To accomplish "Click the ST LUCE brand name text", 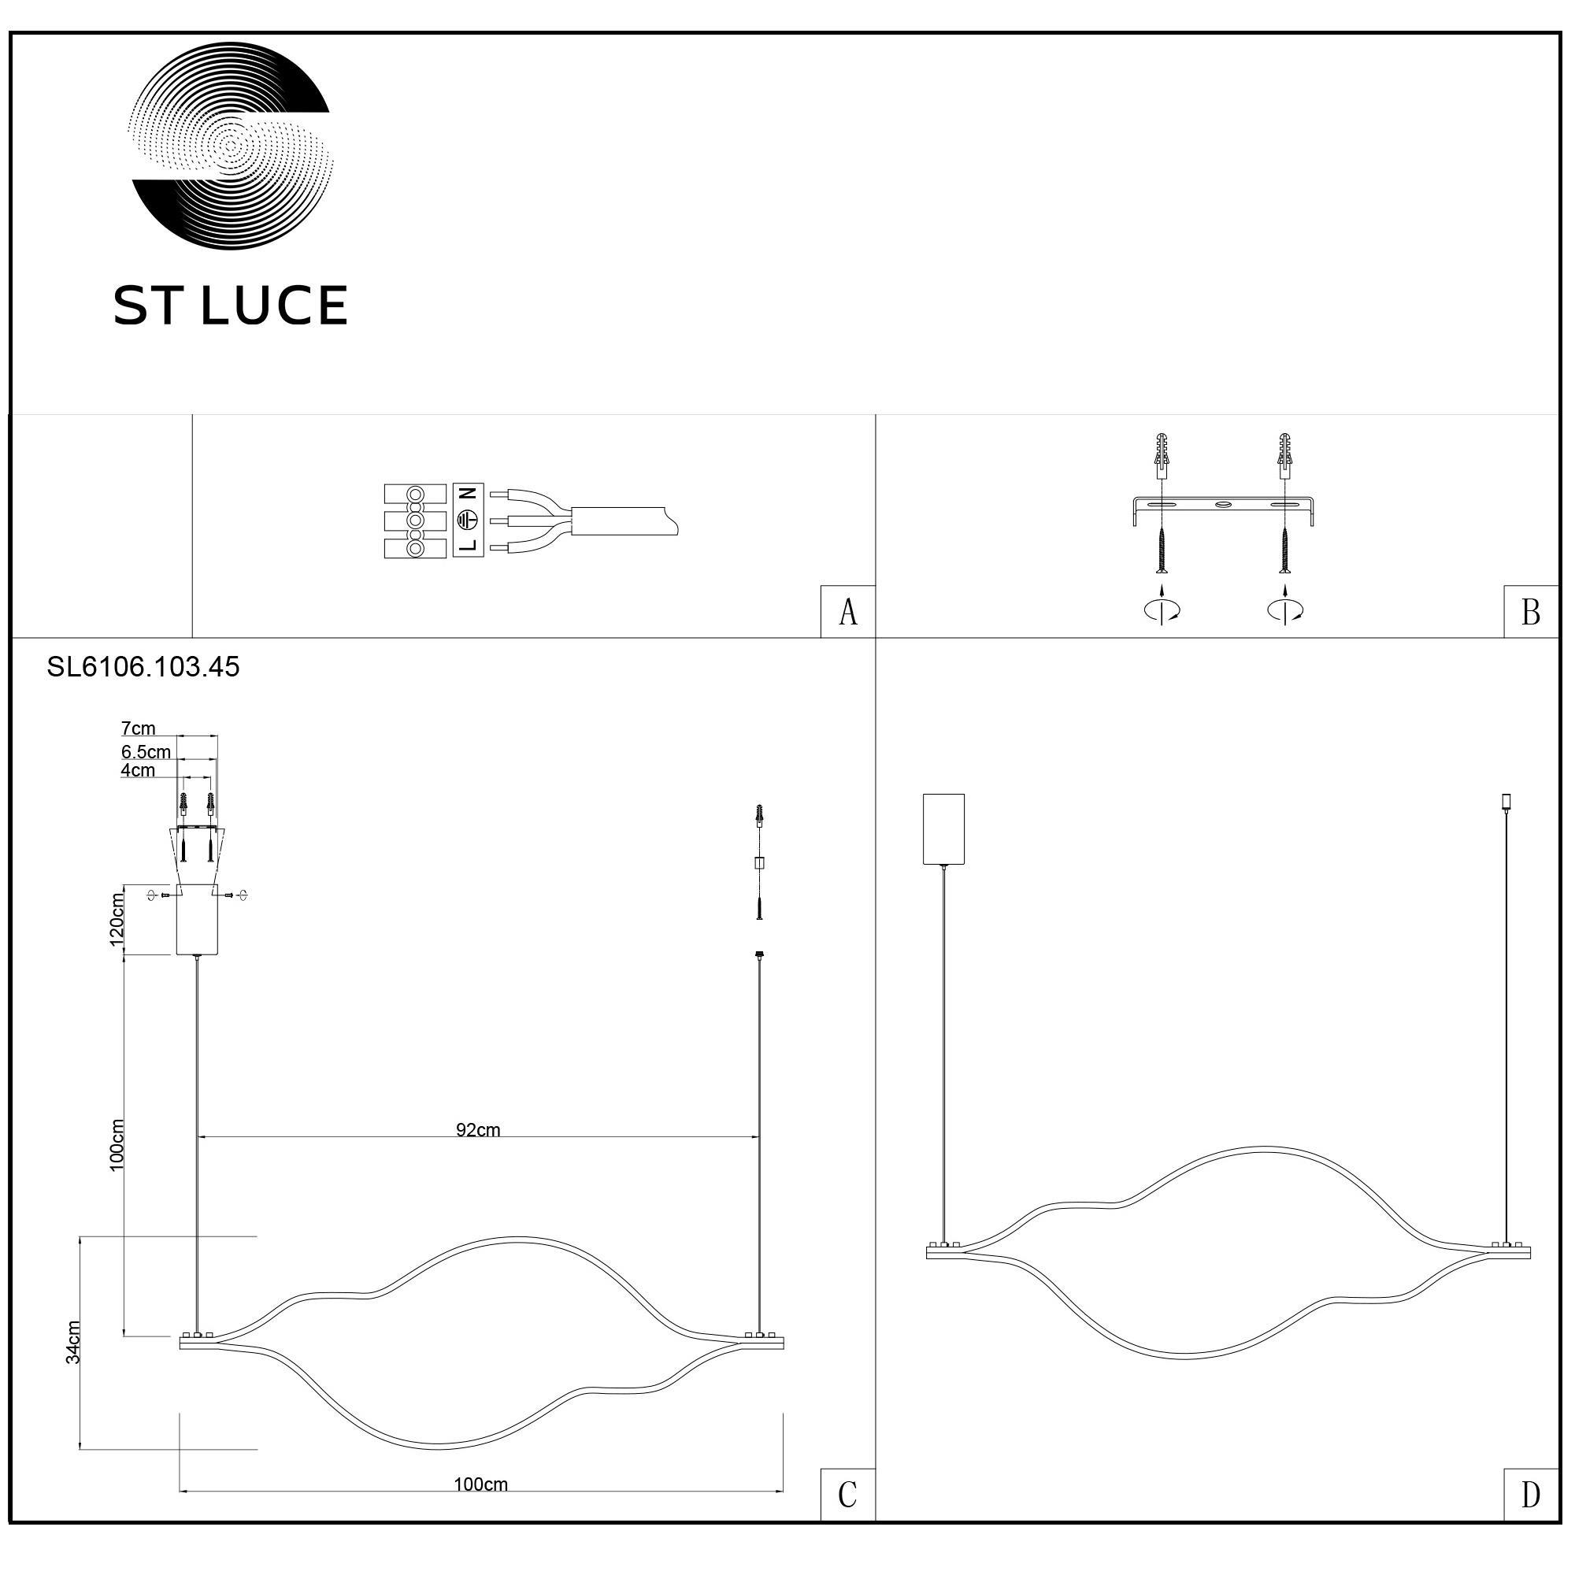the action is point(231,306).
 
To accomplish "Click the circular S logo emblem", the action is point(231,146).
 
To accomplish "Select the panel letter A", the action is point(848,612).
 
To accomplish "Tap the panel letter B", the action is point(1530,612).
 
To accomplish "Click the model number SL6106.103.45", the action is point(143,667).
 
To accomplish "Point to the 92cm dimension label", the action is point(478,1130).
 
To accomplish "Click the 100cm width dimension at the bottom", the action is point(481,1484).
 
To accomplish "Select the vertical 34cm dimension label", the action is point(73,1342).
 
